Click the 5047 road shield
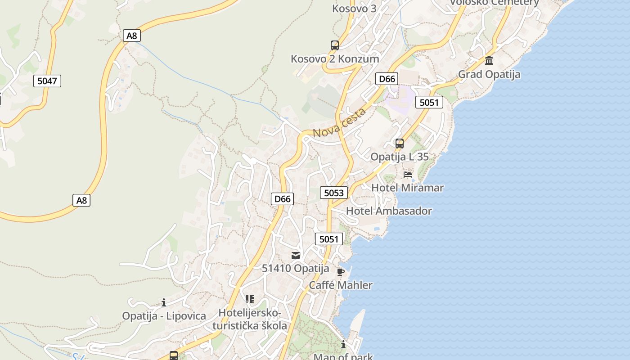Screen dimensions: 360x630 click(x=47, y=81)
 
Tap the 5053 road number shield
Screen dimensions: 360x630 click(x=334, y=193)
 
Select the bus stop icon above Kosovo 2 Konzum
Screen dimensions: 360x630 click(x=334, y=45)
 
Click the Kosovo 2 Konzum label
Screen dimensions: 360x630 click(x=335, y=59)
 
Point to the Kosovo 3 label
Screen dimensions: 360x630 click(x=354, y=9)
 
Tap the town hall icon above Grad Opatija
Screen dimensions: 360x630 click(x=489, y=60)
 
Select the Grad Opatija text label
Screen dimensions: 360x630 click(x=489, y=74)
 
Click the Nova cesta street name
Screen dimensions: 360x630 click(x=339, y=122)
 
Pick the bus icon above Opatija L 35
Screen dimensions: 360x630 click(x=400, y=144)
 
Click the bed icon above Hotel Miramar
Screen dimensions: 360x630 click(x=408, y=174)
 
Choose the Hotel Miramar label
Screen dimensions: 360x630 click(x=408, y=188)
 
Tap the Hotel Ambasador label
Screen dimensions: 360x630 click(x=389, y=211)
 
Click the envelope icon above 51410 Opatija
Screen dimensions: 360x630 click(x=296, y=255)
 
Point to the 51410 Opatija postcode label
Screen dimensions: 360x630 click(x=296, y=269)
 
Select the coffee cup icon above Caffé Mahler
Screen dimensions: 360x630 click(x=341, y=272)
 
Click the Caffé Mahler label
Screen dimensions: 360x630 click(x=341, y=285)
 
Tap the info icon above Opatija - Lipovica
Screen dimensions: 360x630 click(x=164, y=302)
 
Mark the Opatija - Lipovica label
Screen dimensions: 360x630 click(x=164, y=316)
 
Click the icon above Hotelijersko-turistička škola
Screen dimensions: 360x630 click(x=250, y=299)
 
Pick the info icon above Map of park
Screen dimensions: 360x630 click(x=343, y=345)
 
